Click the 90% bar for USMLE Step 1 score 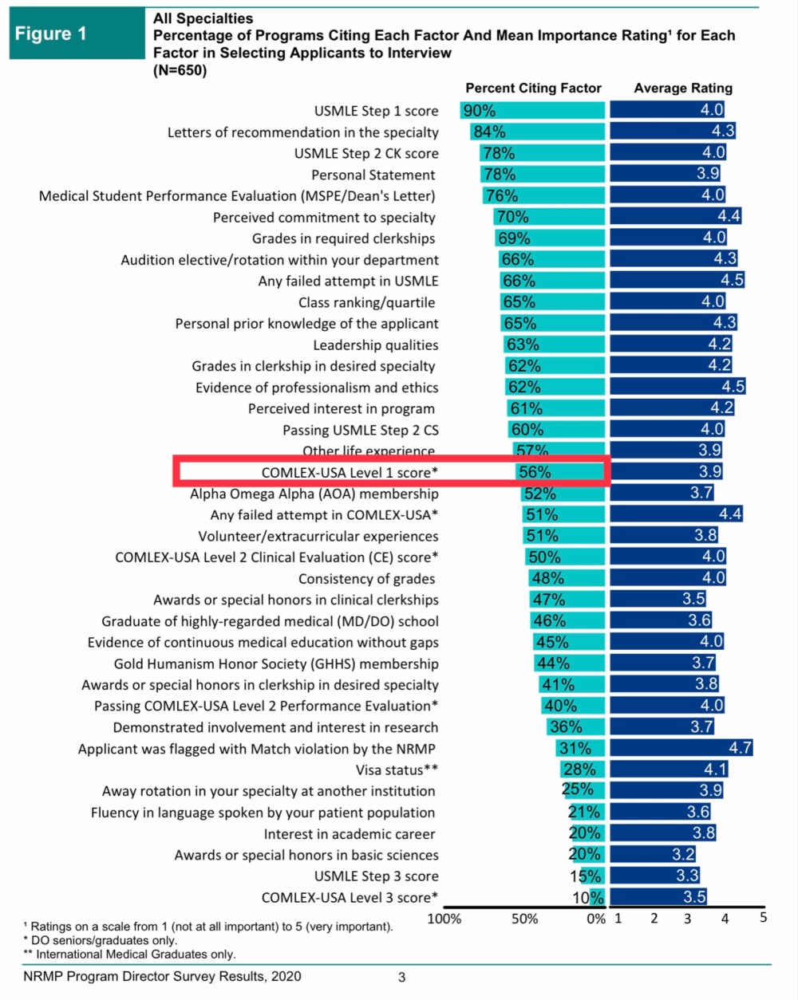533,111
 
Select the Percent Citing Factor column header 533,89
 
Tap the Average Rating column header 683,89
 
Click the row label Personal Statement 373,175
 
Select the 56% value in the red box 535,472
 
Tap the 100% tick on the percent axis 444,919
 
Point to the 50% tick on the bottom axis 524,919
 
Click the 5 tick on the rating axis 763,918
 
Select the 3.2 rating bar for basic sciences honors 654,854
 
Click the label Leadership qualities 375,344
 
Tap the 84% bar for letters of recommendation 538,132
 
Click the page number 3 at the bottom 402,977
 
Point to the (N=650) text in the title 180,70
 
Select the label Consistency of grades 367,578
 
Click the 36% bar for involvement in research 576,726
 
